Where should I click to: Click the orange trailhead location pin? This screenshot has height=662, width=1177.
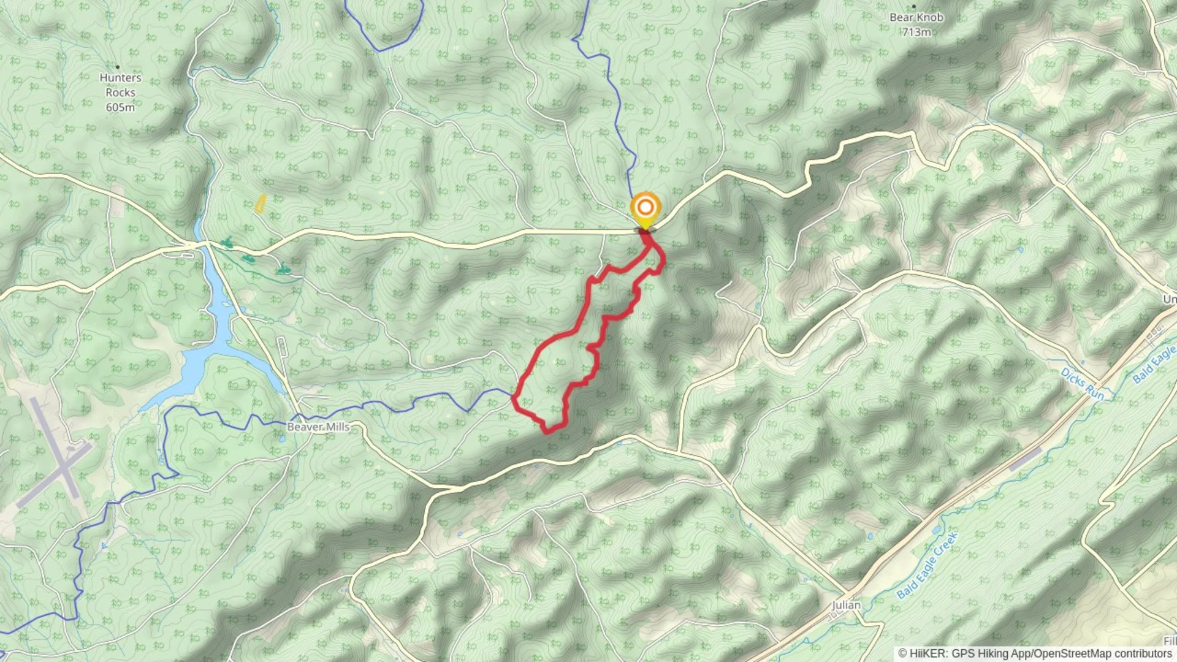pyautogui.click(x=645, y=208)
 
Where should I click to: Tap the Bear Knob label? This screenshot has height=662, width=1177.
pyautogui.click(x=916, y=17)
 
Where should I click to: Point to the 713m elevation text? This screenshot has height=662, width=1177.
pyautogui.click(x=916, y=32)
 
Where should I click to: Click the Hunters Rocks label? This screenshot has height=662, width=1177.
pyautogui.click(x=120, y=85)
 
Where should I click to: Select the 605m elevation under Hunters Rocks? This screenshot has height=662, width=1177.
pyautogui.click(x=120, y=107)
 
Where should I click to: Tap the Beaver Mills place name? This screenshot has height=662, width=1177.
pyautogui.click(x=318, y=427)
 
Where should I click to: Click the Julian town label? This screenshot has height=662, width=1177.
pyautogui.click(x=846, y=605)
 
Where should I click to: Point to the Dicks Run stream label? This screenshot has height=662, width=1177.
pyautogui.click(x=1082, y=384)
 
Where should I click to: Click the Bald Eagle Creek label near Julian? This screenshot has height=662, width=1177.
pyautogui.click(x=926, y=565)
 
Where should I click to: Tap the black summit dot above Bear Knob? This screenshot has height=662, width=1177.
pyautogui.click(x=914, y=6)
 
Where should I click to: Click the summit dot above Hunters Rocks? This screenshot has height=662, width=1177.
pyautogui.click(x=117, y=67)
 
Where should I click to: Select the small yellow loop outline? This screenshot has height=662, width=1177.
pyautogui.click(x=261, y=204)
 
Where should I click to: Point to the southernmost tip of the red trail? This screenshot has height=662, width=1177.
pyautogui.click(x=547, y=432)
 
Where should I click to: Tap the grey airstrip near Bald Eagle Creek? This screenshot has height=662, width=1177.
pyautogui.click(x=1025, y=459)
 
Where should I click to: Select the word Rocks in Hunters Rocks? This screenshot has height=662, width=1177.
pyautogui.click(x=120, y=93)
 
